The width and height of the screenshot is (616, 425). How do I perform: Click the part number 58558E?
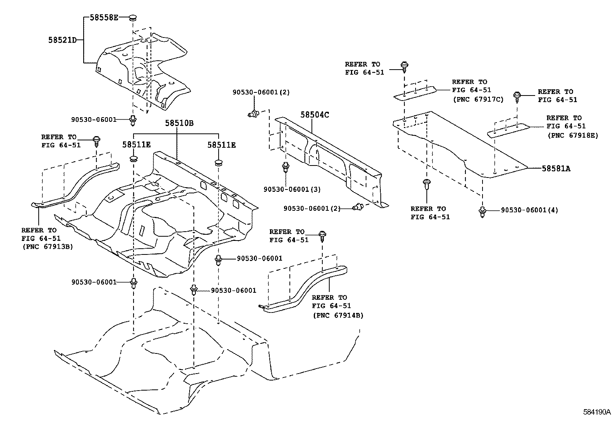(x=104, y=17)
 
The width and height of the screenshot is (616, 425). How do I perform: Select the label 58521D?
(x=62, y=40)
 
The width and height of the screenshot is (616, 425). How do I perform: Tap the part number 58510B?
(x=179, y=123)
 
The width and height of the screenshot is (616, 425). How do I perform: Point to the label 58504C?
(x=315, y=114)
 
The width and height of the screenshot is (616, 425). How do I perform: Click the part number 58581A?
(x=556, y=169)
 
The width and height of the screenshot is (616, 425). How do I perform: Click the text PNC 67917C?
(x=478, y=99)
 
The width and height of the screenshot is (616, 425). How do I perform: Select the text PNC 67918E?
(x=573, y=135)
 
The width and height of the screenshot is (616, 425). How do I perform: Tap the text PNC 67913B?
(x=48, y=247)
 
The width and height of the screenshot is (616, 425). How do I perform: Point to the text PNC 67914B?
(x=338, y=315)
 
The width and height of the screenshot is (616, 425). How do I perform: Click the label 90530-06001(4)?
(x=529, y=210)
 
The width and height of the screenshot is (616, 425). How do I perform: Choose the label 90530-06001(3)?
(x=292, y=189)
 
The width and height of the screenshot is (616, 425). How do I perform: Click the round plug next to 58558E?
(x=133, y=18)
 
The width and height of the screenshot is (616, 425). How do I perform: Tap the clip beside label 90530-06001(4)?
(x=482, y=212)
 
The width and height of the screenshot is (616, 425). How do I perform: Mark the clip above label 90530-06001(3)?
(x=286, y=167)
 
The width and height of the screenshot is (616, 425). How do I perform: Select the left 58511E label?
(x=137, y=145)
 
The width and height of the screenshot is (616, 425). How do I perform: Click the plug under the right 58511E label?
(x=218, y=162)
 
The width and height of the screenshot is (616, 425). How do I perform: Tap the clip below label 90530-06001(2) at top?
(x=253, y=114)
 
